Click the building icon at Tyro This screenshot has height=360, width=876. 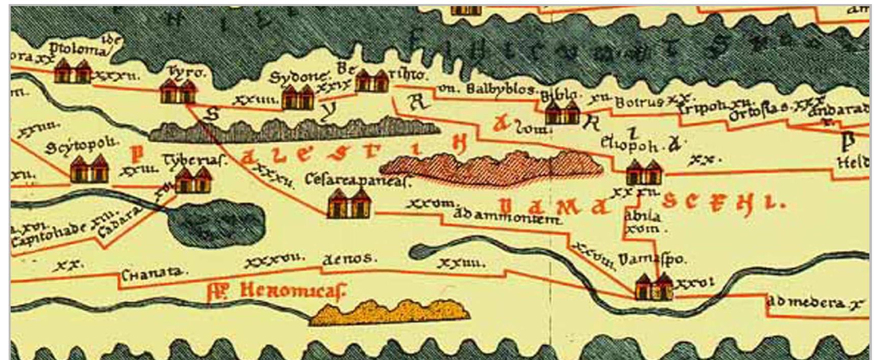point(177,92)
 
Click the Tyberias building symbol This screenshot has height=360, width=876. point(193,180)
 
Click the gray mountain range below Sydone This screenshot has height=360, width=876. point(295,130)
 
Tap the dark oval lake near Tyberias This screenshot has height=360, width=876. point(216,222)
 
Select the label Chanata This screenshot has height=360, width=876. point(153,273)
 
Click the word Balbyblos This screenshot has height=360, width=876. point(500,89)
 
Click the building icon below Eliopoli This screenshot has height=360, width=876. point(643,172)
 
